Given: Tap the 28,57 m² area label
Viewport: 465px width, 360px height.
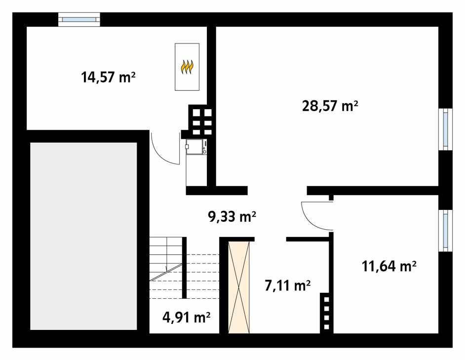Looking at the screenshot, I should [330, 106].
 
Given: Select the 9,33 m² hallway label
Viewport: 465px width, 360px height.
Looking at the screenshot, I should [232, 216].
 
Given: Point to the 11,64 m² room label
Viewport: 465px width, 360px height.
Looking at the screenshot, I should [389, 267].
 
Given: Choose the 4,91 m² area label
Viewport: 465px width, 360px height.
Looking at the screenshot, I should [187, 317].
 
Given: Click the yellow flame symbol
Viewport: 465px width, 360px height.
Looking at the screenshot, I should [187, 67].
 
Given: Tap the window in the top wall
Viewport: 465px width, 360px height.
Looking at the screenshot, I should [79, 20].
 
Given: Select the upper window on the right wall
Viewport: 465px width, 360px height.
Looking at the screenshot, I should [446, 129].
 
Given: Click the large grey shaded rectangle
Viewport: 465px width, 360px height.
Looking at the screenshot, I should [83, 236].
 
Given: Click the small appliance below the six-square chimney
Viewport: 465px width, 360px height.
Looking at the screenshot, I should [196, 147].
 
